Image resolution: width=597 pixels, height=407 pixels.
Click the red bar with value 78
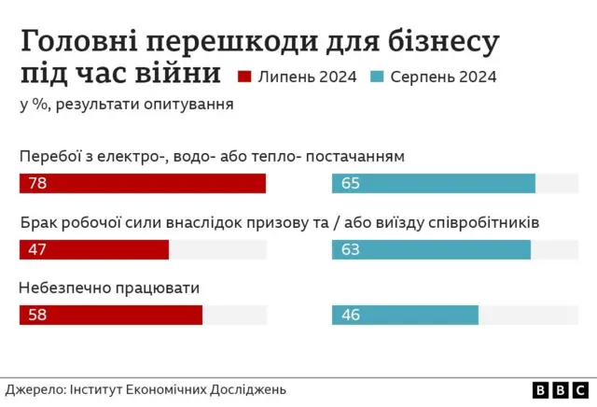point(142,184)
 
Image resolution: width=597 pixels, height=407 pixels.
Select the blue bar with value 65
point(433,184)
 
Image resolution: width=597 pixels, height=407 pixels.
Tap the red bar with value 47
point(93,249)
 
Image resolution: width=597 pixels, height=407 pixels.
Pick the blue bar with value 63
point(430,249)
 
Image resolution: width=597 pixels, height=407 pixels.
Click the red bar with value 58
point(110,316)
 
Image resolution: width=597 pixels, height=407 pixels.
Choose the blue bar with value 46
point(405,316)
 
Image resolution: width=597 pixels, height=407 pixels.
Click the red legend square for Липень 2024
point(247,77)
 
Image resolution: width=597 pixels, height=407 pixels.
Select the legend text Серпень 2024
point(444,77)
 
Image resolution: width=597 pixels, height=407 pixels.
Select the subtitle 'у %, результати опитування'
point(126,104)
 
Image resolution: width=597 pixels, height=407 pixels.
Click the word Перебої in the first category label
point(51,156)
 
